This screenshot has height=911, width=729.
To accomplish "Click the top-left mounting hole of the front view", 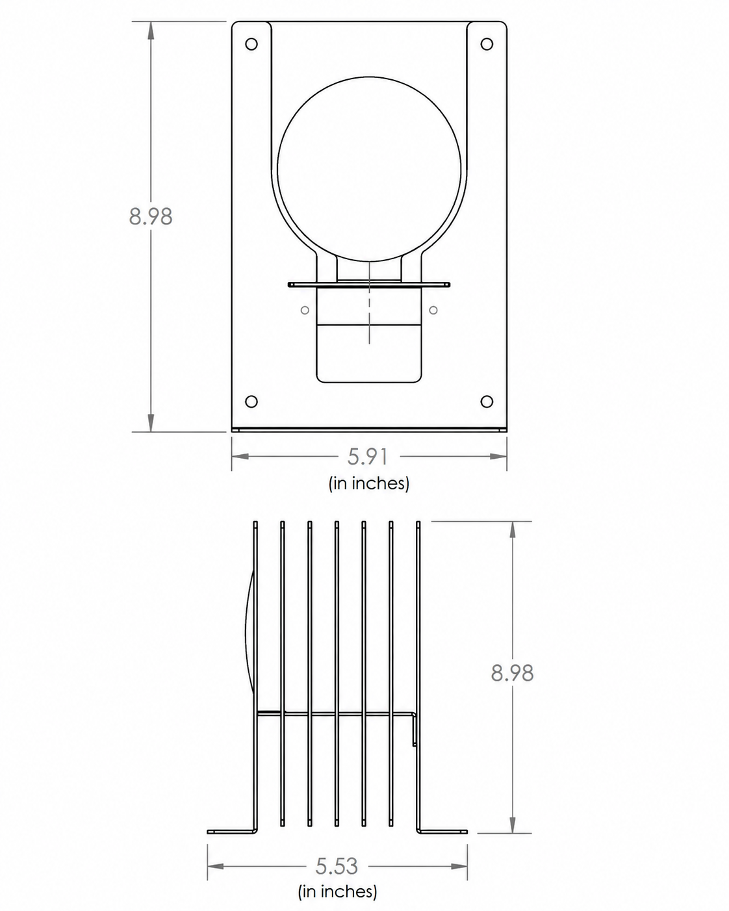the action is click(x=251, y=44).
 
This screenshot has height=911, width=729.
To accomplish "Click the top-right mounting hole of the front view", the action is click(x=487, y=44).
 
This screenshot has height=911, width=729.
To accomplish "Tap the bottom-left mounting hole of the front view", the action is click(x=251, y=402).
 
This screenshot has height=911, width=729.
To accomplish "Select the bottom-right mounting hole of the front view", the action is click(x=487, y=402).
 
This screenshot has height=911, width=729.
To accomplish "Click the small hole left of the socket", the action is click(x=305, y=311).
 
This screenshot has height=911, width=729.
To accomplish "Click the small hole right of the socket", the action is click(x=433, y=311).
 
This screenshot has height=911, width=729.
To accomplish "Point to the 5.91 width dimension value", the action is click(x=368, y=457).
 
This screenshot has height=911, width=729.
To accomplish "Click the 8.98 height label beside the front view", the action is click(x=151, y=216).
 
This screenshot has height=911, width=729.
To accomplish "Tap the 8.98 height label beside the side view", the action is click(x=512, y=673).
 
